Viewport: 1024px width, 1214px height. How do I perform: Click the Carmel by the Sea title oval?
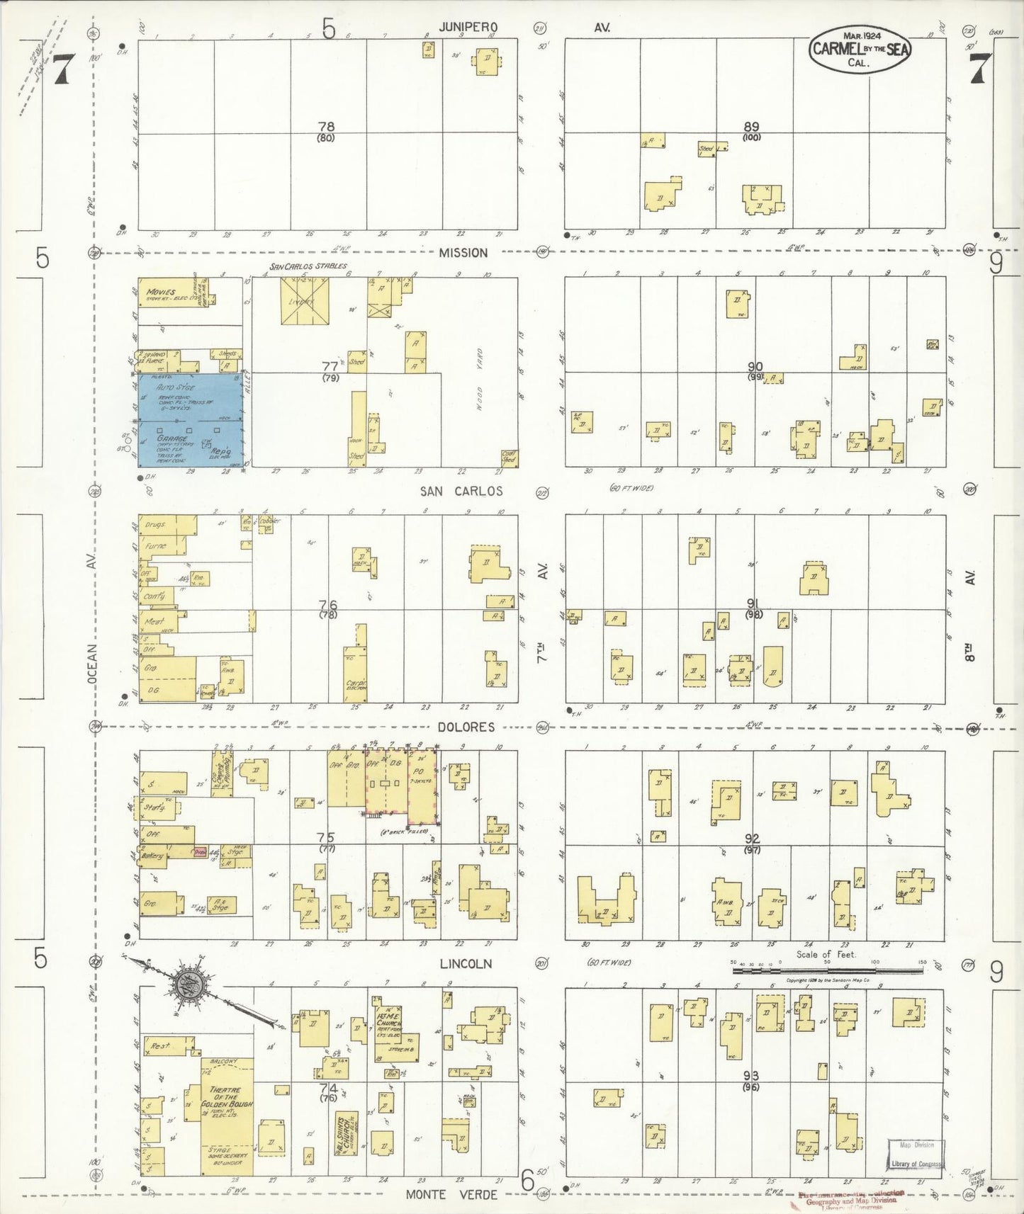click(x=860, y=50)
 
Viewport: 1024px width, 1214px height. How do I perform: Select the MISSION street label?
click(x=463, y=253)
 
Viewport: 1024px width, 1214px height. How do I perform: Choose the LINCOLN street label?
click(x=466, y=963)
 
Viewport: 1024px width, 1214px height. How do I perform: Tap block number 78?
click(x=326, y=127)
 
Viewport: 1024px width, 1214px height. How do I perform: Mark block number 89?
click(x=751, y=127)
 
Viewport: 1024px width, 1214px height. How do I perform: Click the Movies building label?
click(x=162, y=292)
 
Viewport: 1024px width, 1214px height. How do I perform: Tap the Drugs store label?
click(x=156, y=525)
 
